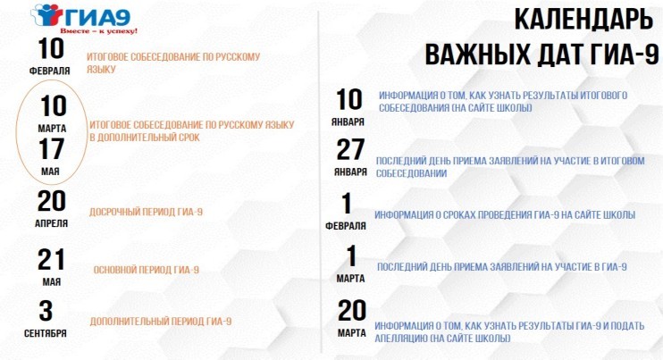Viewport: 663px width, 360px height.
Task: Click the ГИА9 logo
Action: point(81,16)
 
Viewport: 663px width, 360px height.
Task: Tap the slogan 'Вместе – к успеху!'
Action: point(98,31)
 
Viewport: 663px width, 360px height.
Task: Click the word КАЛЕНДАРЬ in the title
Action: point(583,20)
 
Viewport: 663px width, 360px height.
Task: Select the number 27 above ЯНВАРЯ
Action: point(350,150)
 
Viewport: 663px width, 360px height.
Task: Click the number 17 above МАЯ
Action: point(52,149)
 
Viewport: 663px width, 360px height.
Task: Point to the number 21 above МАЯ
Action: point(51,259)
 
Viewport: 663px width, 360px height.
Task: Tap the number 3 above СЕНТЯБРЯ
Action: point(46,311)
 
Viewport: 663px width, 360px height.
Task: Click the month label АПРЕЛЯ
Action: point(51,223)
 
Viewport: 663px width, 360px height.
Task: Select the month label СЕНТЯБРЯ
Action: point(46,333)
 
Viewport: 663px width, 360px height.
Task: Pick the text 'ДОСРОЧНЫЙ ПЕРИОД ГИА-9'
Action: point(146,212)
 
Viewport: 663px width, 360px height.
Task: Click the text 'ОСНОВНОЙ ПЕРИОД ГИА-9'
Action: point(146,270)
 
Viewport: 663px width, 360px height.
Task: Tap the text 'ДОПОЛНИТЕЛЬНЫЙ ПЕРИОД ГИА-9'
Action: point(161,321)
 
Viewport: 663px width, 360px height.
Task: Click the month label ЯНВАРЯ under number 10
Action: point(348,122)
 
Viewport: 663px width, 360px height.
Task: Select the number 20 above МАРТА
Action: point(352,311)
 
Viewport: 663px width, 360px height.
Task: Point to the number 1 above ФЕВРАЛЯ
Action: point(347,204)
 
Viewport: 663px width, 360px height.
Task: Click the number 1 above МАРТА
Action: point(351,256)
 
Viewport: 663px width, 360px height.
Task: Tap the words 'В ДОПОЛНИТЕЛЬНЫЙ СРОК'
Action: point(144,138)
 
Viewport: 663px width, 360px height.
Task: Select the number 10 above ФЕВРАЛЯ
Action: point(51,48)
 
